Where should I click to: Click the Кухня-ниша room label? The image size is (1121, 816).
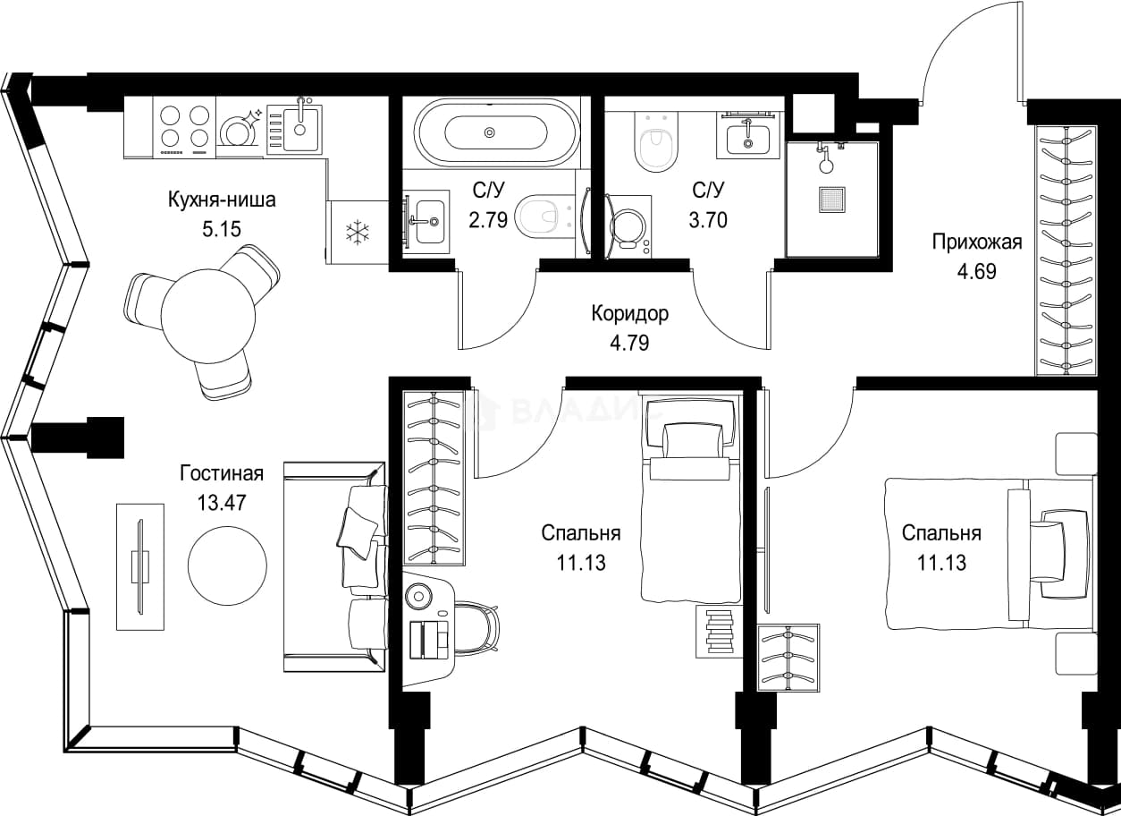tap(222, 200)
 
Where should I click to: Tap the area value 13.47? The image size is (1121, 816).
tap(222, 503)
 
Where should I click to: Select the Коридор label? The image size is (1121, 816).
tap(629, 314)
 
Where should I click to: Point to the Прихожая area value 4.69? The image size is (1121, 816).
tap(977, 271)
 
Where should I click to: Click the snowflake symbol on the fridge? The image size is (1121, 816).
tap(358, 232)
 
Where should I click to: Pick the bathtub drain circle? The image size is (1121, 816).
tap(490, 132)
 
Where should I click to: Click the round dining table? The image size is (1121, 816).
tap(208, 317)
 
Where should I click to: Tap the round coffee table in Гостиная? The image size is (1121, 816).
tap(227, 565)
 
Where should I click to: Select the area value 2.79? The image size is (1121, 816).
tap(488, 220)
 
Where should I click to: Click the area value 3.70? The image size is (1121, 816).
tap(708, 220)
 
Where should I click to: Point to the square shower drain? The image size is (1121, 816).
tap(832, 200)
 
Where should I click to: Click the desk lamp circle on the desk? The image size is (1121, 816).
tap(417, 597)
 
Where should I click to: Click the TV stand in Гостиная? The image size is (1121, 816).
tap(140, 566)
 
